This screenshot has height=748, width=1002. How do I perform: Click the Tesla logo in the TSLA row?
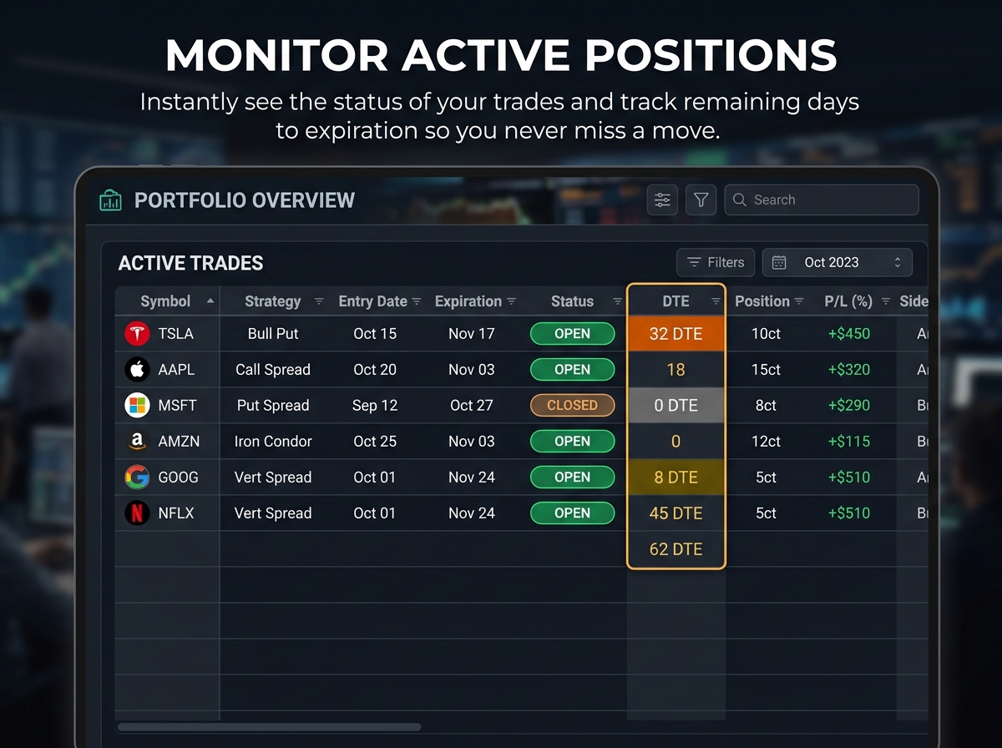tap(137, 334)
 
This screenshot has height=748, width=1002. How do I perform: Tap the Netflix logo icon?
tap(137, 513)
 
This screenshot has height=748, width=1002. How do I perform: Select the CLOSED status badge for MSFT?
tap(572, 406)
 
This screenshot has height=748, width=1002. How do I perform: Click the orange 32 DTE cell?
tap(676, 334)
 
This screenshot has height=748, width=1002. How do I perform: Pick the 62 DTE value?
tap(676, 549)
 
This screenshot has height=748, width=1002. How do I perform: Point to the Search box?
tap(822, 200)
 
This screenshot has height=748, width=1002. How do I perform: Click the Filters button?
tap(716, 263)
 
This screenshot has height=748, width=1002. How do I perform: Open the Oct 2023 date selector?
tap(838, 263)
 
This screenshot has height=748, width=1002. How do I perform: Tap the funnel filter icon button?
tap(701, 200)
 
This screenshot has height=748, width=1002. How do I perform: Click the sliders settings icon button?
tap(662, 200)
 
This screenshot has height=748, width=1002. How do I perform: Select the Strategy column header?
tap(273, 301)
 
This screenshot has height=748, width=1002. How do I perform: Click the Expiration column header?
tap(468, 301)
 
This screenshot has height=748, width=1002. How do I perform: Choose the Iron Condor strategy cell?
tap(273, 442)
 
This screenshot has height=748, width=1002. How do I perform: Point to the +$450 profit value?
tap(849, 334)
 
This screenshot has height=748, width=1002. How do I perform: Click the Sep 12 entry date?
tap(375, 406)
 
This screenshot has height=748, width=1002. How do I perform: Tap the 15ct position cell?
tap(766, 370)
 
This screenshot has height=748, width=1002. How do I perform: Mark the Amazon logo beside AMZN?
tap(137, 442)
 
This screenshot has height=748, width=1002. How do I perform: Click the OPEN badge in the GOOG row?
tap(572, 478)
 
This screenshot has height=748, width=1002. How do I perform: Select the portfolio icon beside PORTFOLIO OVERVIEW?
tap(111, 200)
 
